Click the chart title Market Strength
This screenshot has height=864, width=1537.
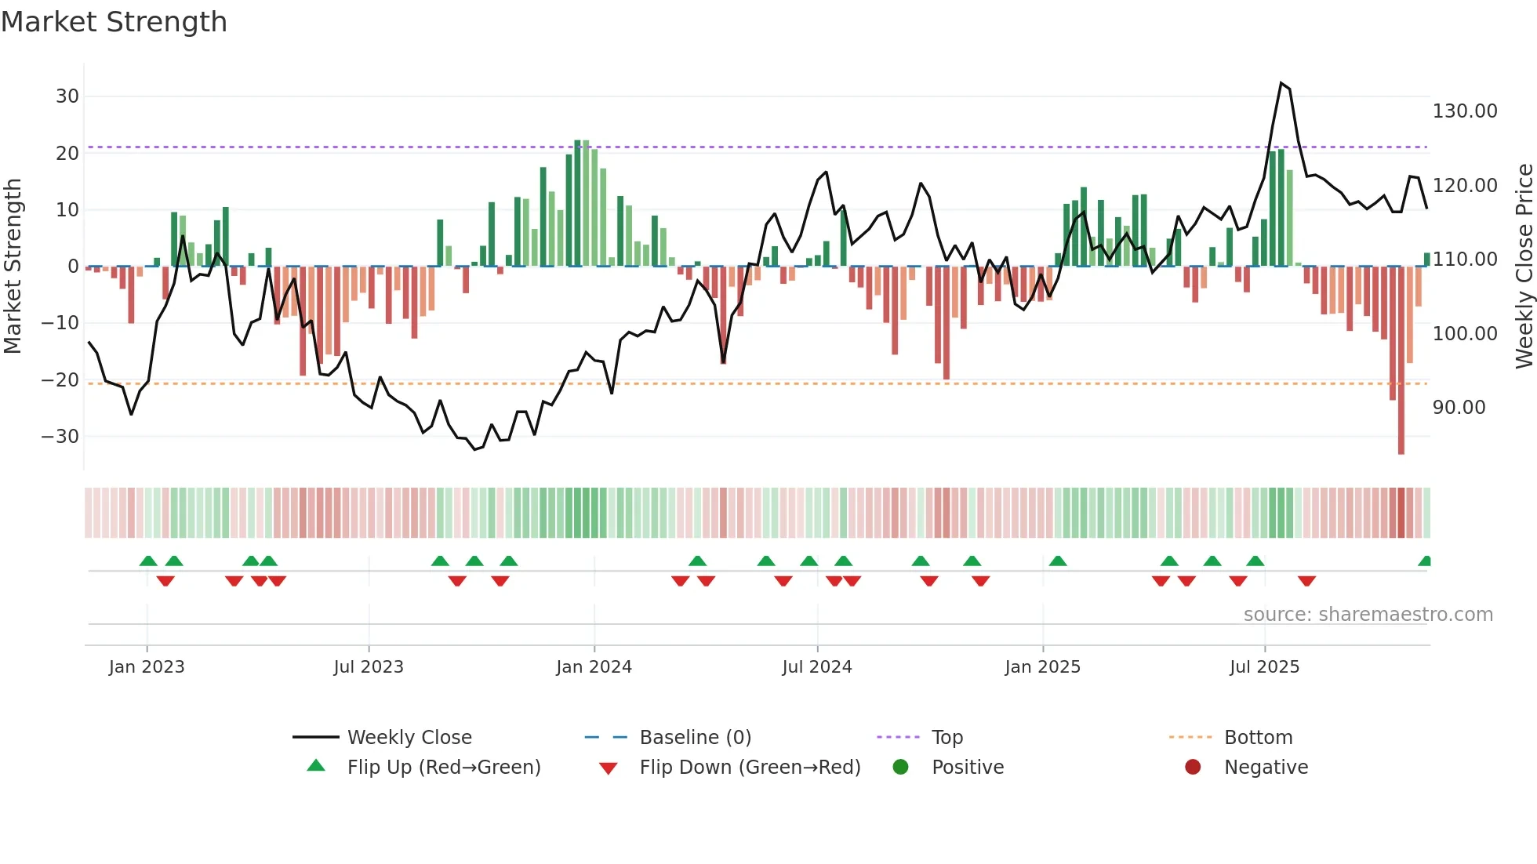(114, 22)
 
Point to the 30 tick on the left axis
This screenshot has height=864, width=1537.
(67, 96)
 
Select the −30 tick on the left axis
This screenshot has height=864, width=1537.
(60, 437)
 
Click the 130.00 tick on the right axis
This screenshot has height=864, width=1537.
(1464, 111)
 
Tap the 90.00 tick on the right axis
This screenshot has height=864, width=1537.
(1459, 408)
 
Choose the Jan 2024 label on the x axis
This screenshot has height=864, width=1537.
(594, 667)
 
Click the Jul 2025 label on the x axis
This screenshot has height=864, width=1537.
(1264, 667)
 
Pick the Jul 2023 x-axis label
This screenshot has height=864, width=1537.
(368, 667)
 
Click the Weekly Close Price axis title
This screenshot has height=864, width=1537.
(1524, 266)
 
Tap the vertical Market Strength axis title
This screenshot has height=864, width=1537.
(13, 266)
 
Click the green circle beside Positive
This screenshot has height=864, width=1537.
(900, 768)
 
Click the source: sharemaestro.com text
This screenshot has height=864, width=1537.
(1368, 615)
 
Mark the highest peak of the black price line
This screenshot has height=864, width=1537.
(1281, 83)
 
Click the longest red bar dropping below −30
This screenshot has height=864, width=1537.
(1401, 361)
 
